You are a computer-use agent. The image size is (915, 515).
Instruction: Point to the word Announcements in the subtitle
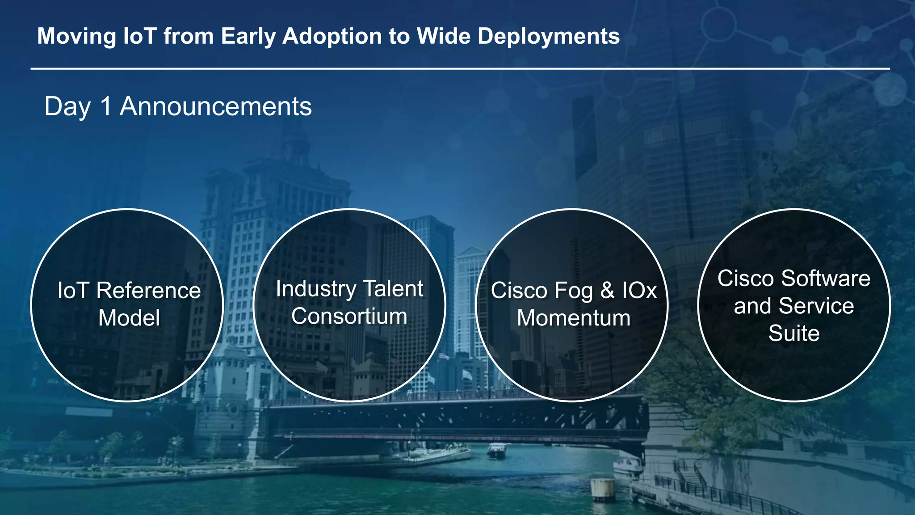pyautogui.click(x=215, y=107)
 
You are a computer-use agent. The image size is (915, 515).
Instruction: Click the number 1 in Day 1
pyautogui.click(x=105, y=107)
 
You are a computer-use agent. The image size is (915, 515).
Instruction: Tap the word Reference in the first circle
pyautogui.click(x=148, y=291)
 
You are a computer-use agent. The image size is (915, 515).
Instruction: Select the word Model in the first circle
pyautogui.click(x=129, y=318)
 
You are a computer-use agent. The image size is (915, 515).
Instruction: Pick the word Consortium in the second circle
pyautogui.click(x=349, y=317)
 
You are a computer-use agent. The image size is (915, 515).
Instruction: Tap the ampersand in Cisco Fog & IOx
pyautogui.click(x=607, y=291)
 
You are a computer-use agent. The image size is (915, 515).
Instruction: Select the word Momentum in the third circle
pyautogui.click(x=574, y=318)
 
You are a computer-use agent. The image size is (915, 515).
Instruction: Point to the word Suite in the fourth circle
pyautogui.click(x=794, y=333)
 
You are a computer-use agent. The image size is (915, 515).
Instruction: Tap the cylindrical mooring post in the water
pyautogui.click(x=603, y=489)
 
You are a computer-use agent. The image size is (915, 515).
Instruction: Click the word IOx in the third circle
pyautogui.click(x=639, y=291)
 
